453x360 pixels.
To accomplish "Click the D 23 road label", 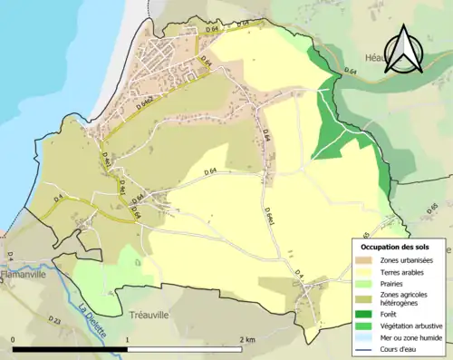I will pyautogui.click(x=53, y=321).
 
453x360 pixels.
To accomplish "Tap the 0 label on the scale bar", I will pyautogui.click(x=14, y=339).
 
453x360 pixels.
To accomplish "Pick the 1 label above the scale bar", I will pyautogui.click(x=128, y=339).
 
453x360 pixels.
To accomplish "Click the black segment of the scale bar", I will pyautogui.click(x=71, y=348).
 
